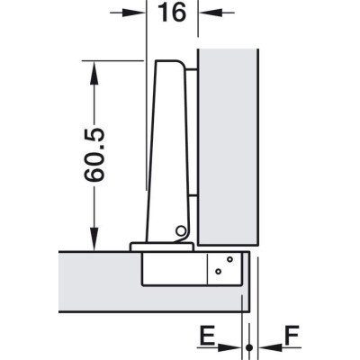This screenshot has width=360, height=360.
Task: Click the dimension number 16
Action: pyautogui.click(x=172, y=13)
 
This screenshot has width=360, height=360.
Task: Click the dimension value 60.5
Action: pyautogui.click(x=94, y=155)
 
